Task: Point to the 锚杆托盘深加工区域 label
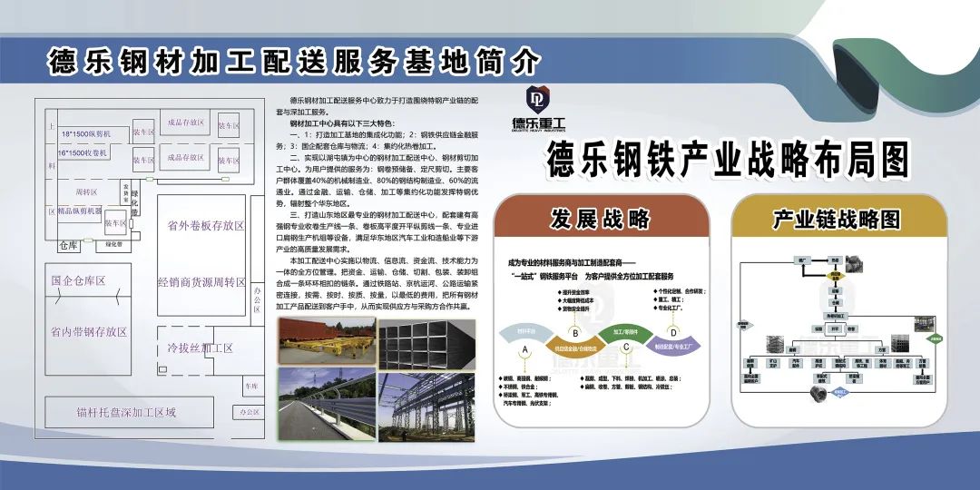pyautogui.click(x=126, y=413)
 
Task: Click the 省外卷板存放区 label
pyautogui.click(x=201, y=226)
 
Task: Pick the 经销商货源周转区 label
pyautogui.click(x=201, y=282)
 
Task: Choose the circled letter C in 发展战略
pyautogui.click(x=626, y=347)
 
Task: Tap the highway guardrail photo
pyautogui.click(x=324, y=400)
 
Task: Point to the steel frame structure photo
pyautogui.click(x=422, y=400)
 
